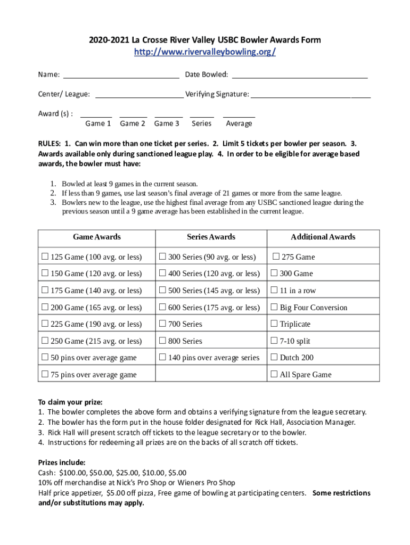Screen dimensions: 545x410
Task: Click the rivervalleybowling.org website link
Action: coord(204,52)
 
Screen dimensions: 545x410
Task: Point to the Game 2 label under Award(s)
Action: coord(133,123)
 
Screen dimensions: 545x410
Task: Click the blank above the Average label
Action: coord(239,115)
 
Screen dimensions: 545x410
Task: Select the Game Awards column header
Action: coord(96,237)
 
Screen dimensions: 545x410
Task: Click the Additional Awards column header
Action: coord(323,237)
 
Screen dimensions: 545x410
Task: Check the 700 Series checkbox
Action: coord(162,324)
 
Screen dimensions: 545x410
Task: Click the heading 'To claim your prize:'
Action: coord(70,402)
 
